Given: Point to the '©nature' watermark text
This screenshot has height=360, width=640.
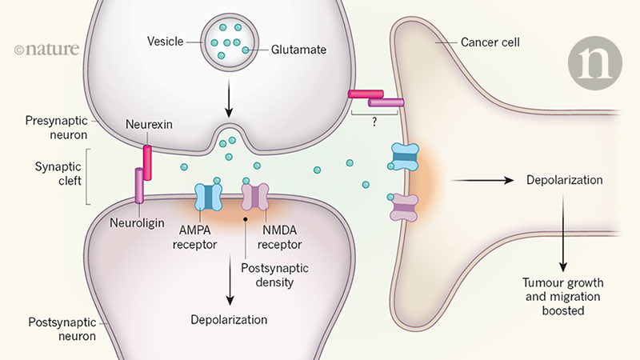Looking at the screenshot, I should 46,49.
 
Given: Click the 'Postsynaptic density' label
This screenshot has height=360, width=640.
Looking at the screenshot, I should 269,275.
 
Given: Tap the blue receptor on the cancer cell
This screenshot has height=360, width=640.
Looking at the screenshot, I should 403,157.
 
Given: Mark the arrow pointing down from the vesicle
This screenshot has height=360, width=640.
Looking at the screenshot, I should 230,102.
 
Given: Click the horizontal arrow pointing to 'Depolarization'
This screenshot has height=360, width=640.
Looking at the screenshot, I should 481,182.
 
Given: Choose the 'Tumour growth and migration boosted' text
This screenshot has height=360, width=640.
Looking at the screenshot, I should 565,296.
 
